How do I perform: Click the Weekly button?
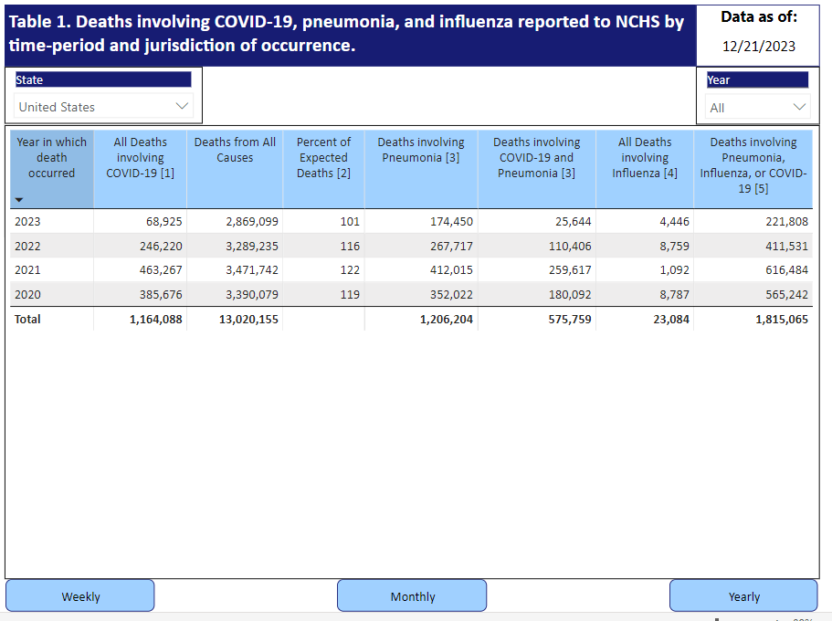click(x=80, y=596)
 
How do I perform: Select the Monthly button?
click(x=412, y=596)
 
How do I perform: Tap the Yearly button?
click(x=743, y=596)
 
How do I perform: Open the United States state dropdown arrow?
click(x=182, y=106)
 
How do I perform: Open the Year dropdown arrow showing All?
click(x=799, y=107)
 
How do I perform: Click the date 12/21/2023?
click(x=759, y=47)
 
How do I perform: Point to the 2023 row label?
click(x=27, y=221)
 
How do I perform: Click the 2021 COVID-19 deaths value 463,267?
click(x=161, y=269)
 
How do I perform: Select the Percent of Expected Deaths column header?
click(x=323, y=158)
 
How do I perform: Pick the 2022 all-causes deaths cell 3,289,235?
click(x=252, y=246)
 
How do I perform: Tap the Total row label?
click(x=27, y=319)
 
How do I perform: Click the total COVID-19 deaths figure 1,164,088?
click(x=156, y=320)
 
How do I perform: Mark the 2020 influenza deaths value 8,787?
click(x=674, y=295)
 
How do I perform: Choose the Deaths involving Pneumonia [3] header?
click(x=421, y=150)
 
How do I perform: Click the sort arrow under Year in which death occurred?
click(x=19, y=200)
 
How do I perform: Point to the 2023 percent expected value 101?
click(x=350, y=221)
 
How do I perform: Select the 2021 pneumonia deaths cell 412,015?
click(x=451, y=269)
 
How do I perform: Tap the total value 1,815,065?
click(x=782, y=320)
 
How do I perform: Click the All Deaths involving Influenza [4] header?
click(x=645, y=158)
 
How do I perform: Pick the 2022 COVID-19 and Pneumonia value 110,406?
click(x=570, y=246)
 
